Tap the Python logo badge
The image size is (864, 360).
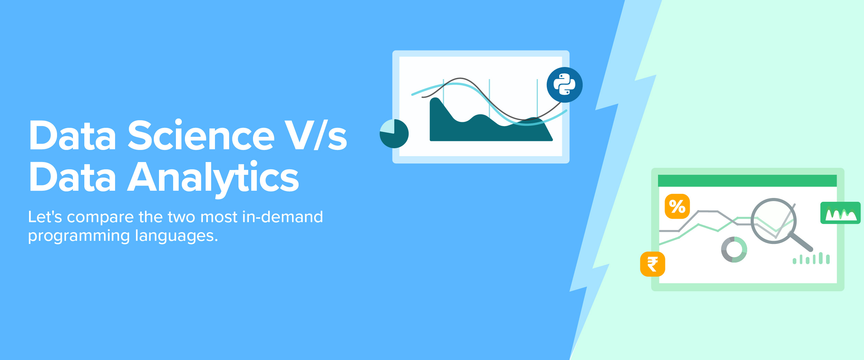(x=564, y=85)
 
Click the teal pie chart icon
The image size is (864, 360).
(x=394, y=134)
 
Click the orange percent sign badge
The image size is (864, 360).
(x=677, y=206)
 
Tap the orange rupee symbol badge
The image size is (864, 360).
(x=652, y=264)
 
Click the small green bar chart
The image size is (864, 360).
(x=811, y=258)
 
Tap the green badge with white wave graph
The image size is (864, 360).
(x=840, y=213)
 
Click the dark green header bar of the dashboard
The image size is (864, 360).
(x=747, y=181)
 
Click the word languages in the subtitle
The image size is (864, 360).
(x=177, y=236)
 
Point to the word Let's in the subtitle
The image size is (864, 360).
(x=45, y=217)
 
